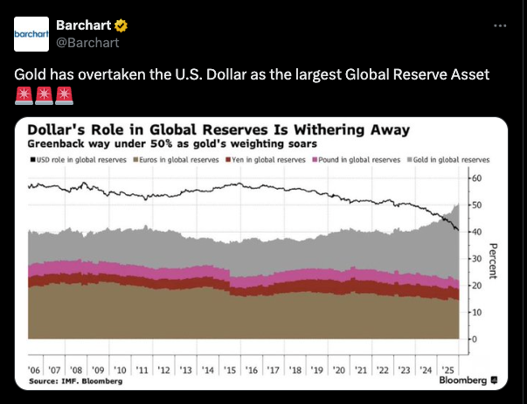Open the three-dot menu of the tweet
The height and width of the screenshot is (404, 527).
[x=500, y=25]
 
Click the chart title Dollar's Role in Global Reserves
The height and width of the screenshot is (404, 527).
[x=218, y=130]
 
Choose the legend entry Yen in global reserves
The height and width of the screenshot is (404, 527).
[x=268, y=160]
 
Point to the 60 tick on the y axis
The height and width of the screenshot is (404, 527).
[x=477, y=178]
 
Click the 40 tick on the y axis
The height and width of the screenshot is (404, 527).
[x=477, y=232]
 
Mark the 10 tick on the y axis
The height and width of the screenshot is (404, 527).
[x=477, y=312]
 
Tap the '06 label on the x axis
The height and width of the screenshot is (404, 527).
[x=35, y=371]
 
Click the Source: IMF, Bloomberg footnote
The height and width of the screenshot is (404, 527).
[x=76, y=381]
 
